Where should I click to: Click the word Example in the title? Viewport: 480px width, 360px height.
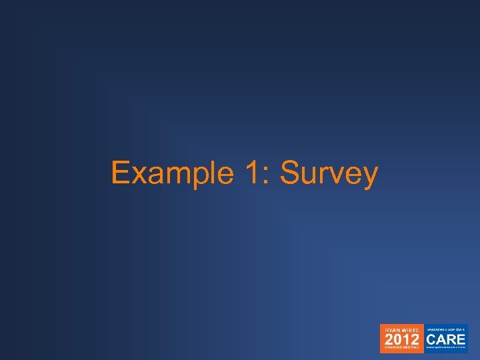pos(172,173)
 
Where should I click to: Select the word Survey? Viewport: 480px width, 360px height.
pos(329,173)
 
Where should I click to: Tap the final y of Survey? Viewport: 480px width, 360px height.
pos(370,177)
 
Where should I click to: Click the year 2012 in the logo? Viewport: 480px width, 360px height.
pos(402,339)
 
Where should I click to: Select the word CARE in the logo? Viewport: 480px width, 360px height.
pos(446,339)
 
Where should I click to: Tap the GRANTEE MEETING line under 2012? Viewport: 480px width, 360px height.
pos(402,349)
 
